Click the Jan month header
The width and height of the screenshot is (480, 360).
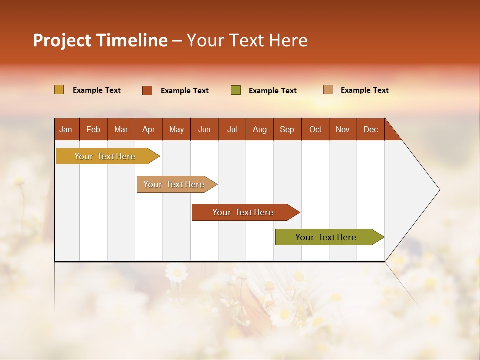(66, 129)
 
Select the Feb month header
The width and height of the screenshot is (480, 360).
(93, 129)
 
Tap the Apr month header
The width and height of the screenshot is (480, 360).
(148, 129)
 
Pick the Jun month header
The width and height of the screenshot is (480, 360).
(204, 129)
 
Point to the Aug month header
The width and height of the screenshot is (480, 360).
(259, 129)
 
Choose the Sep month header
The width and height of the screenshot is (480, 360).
(287, 129)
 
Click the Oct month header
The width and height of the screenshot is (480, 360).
(315, 129)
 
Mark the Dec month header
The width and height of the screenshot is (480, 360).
(370, 129)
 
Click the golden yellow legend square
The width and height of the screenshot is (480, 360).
(59, 90)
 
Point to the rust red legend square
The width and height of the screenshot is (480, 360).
(147, 90)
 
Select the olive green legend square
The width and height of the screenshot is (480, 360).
(236, 90)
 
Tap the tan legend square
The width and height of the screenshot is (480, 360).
(328, 90)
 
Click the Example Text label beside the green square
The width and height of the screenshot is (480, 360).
(272, 91)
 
